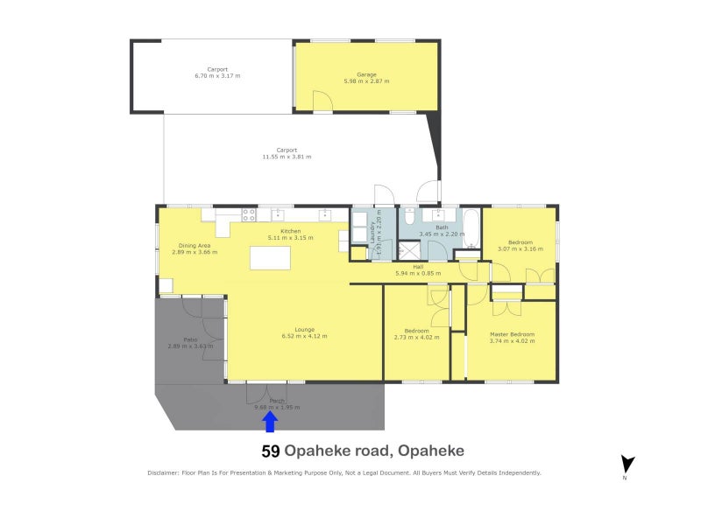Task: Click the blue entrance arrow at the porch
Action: point(270,422)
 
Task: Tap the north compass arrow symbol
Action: point(627,465)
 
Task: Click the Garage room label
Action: point(366,75)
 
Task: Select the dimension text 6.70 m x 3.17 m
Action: point(217,76)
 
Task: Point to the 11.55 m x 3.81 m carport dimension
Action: point(287,157)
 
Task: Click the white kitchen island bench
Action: point(270,258)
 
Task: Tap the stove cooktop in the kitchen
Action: point(249,213)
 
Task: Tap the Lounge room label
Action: point(304,330)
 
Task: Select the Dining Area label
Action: point(195,246)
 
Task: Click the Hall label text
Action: point(419,267)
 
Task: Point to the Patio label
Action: point(190,339)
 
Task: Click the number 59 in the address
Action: point(271,451)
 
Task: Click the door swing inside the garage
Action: point(322,103)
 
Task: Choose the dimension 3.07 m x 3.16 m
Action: point(520,248)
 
